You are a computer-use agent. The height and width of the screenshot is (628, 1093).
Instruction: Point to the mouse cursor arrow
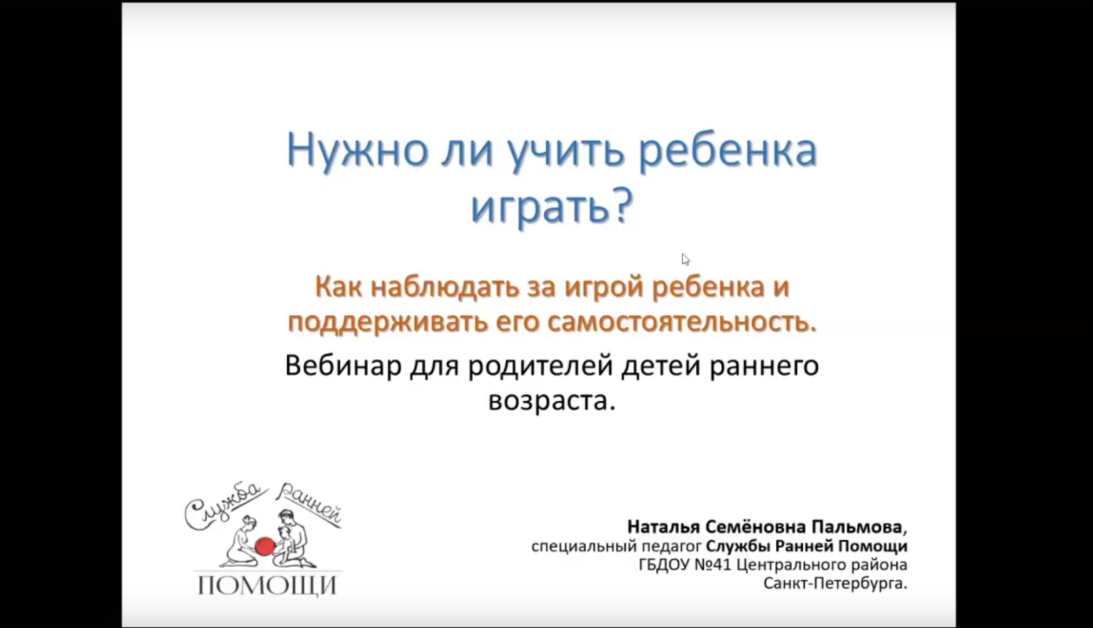686,260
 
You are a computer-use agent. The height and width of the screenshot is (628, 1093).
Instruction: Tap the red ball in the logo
264,546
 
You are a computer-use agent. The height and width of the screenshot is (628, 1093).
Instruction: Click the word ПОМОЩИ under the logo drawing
267,586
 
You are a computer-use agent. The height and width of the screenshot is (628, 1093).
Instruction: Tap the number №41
712,565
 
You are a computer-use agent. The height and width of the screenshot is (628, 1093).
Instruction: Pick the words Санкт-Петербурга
835,584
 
